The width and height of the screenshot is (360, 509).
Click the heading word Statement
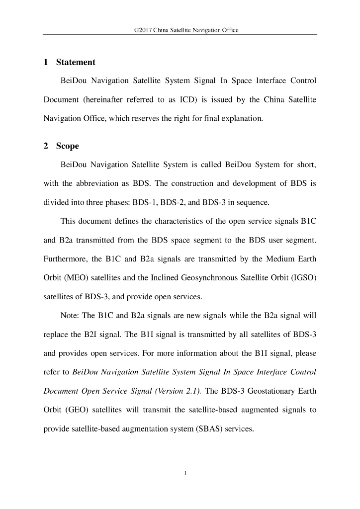76,63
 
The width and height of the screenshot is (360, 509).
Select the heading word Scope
67,147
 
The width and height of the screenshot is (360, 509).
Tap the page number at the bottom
185,473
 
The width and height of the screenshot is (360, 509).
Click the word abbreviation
96,183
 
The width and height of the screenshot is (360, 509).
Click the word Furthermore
65,259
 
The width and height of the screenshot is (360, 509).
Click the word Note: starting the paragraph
70,316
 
